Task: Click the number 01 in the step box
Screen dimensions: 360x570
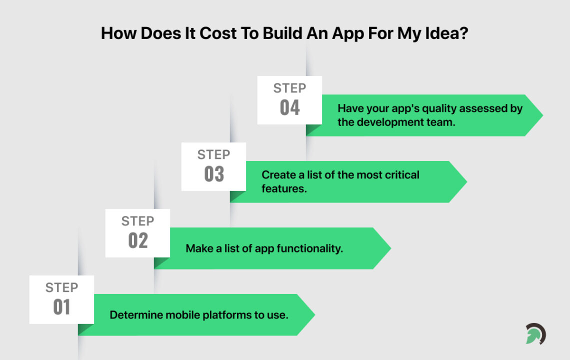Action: (61, 307)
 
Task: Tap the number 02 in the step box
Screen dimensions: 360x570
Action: (137, 240)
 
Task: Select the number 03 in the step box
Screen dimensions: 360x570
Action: (213, 174)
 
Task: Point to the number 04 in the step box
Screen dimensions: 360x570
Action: (289, 107)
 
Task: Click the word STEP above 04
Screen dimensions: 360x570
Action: (289, 88)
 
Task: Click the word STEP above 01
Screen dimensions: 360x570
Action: (61, 287)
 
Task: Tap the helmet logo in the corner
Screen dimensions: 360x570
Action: (535, 334)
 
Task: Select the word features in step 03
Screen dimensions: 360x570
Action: (282, 188)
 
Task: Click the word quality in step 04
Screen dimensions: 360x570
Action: (426, 108)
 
